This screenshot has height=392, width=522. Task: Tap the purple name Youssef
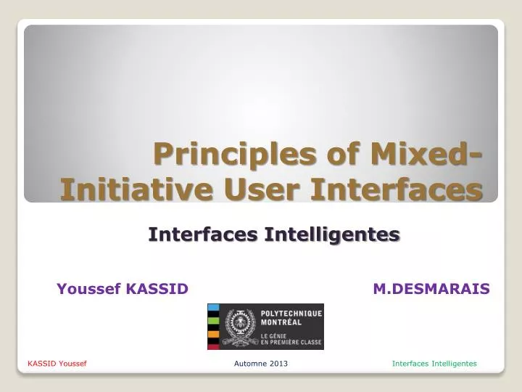click(88, 289)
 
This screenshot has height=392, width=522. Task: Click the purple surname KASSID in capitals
click(157, 289)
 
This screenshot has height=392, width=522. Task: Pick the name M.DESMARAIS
click(431, 289)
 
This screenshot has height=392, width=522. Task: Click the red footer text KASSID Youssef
click(57, 363)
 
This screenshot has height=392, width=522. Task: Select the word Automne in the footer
click(251, 363)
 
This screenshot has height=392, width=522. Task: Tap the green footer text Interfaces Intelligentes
click(434, 363)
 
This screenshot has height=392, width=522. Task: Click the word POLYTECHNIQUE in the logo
click(291, 313)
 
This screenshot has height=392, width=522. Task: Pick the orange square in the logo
click(213, 334)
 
